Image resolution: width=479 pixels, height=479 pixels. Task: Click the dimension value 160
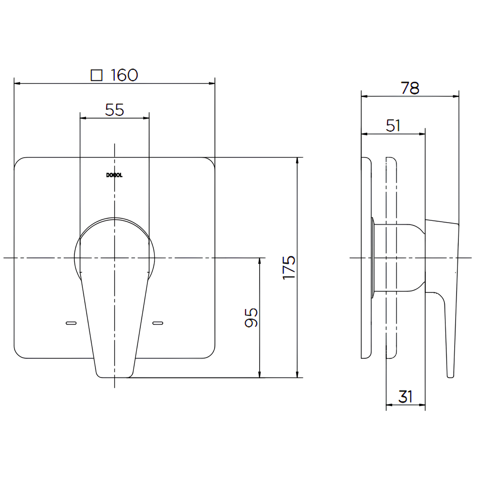click(124, 75)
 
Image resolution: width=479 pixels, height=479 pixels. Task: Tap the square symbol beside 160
click(96, 75)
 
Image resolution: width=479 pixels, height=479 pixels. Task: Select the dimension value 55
click(115, 109)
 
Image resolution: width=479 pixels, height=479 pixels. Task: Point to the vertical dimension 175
click(289, 267)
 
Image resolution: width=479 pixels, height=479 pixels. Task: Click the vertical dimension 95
click(251, 318)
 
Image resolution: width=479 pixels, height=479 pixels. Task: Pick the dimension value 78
click(410, 88)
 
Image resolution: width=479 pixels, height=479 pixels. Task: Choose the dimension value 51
click(393, 125)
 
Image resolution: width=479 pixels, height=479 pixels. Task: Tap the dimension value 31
click(406, 397)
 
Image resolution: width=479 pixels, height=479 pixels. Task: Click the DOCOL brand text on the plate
click(114, 175)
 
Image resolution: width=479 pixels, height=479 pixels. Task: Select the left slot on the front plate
click(71, 323)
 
